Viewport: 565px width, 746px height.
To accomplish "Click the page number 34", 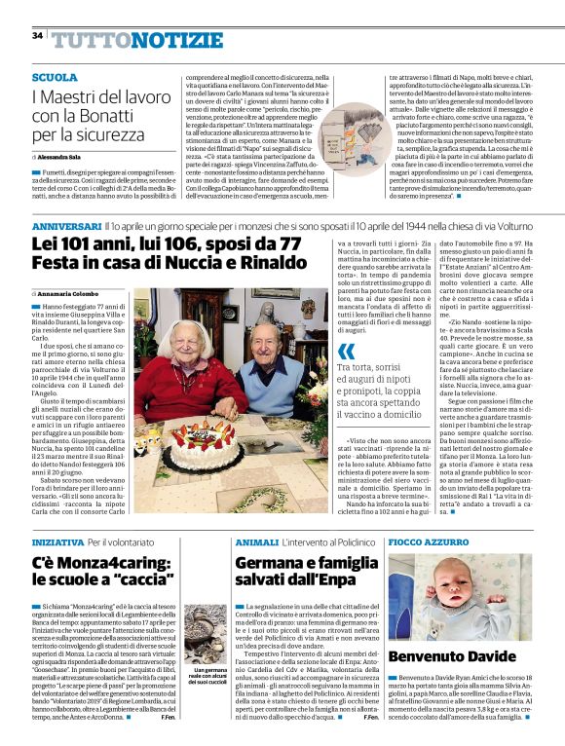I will [37, 36].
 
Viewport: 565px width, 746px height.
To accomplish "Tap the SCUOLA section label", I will [55, 77].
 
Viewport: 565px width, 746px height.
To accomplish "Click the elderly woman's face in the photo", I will [196, 344].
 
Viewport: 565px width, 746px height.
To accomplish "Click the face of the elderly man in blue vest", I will [276, 349].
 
